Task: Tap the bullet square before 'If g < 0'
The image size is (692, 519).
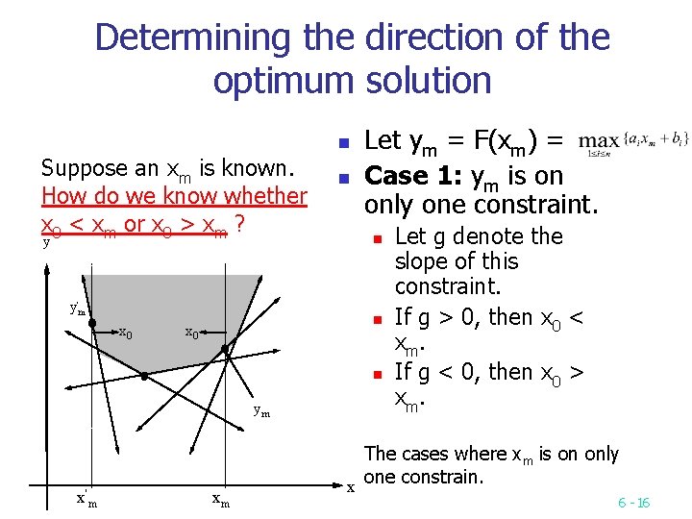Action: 379,373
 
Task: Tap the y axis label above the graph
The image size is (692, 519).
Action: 46,243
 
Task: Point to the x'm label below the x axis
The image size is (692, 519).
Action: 86,498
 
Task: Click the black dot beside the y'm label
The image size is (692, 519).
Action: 92,324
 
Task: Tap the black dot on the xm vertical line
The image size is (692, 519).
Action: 226,349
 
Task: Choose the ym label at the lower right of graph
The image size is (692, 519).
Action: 260,411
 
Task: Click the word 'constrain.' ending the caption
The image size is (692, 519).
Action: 451,478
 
